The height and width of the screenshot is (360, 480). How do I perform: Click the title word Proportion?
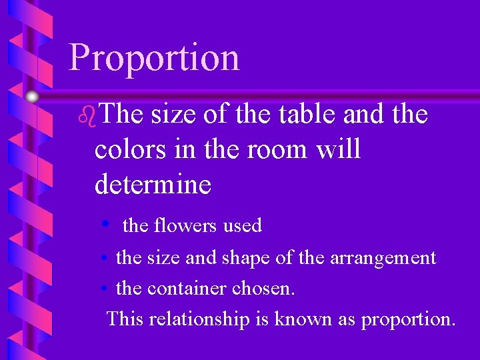154,57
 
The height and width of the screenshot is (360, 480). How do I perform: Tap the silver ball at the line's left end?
31,97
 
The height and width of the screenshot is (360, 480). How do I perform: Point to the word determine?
153,183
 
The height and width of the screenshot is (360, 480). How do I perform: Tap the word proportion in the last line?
408,319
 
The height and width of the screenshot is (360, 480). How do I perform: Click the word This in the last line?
125,319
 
